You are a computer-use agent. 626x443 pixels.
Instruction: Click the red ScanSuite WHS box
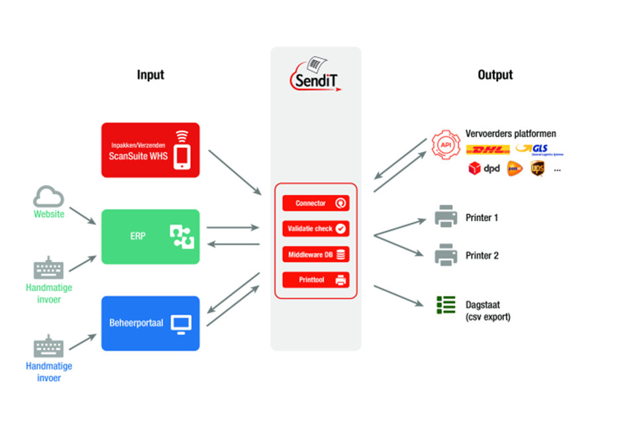pyautogui.click(x=150, y=150)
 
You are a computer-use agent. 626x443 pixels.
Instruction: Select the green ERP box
pyautogui.click(x=150, y=237)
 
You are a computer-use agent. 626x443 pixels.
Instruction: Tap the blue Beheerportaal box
pyautogui.click(x=150, y=324)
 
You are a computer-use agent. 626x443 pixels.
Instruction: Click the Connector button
pyautogui.click(x=315, y=204)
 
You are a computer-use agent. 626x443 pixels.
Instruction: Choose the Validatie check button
pyautogui.click(x=315, y=229)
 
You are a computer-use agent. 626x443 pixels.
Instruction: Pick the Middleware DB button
pyautogui.click(x=315, y=254)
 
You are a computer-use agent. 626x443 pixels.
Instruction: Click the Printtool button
pyautogui.click(x=315, y=280)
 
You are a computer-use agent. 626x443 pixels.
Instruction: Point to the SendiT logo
pyautogui.click(x=315, y=74)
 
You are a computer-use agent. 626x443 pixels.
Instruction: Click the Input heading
pyautogui.click(x=150, y=75)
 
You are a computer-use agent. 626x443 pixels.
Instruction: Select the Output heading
pyautogui.click(x=495, y=75)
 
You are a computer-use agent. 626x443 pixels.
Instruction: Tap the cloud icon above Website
pyautogui.click(x=49, y=197)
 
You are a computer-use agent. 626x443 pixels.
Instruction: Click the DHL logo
pyautogui.click(x=488, y=151)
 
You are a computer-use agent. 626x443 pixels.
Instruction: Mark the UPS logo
pyautogui.click(x=537, y=169)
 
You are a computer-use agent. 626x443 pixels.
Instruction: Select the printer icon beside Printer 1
pyautogui.click(x=445, y=216)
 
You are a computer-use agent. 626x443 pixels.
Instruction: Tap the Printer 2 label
pyautogui.click(x=482, y=255)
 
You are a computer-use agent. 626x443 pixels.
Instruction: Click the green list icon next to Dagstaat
pyautogui.click(x=446, y=305)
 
